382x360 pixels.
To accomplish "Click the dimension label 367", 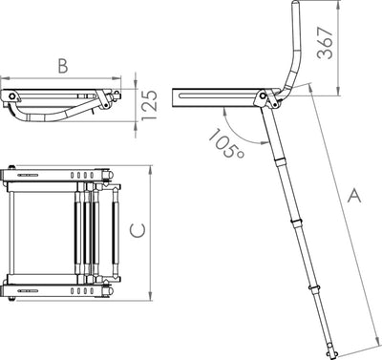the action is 326,43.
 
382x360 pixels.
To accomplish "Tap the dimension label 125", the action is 149,105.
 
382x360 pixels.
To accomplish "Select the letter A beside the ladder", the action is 354,196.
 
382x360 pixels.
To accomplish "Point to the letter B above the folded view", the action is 63,66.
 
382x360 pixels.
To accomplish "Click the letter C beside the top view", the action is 138,230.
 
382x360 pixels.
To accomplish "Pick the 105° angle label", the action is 226,143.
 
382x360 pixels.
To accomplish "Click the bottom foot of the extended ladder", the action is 330,355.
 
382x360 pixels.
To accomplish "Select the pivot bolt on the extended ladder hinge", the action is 263,95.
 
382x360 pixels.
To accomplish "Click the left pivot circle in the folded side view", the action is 12,95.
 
